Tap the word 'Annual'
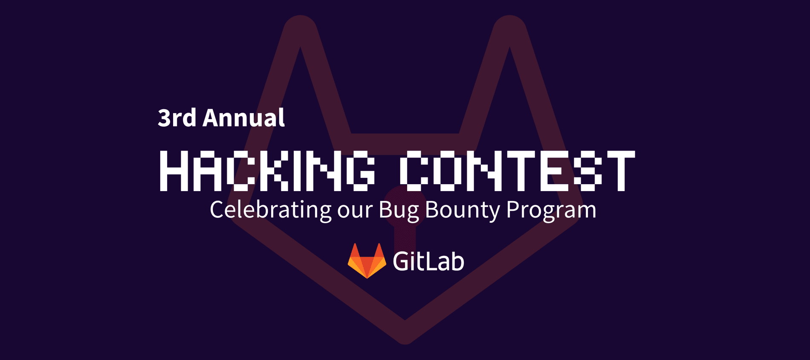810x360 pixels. pos(244,118)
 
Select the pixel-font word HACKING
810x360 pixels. pos(267,171)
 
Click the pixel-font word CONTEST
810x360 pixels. pos(517,171)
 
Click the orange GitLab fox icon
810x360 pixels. pos(367,261)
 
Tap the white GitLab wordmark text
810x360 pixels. pos(428,261)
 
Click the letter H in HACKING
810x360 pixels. pos(174,171)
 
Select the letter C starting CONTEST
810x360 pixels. pos(414,171)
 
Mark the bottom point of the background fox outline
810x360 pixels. pos(405,337)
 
